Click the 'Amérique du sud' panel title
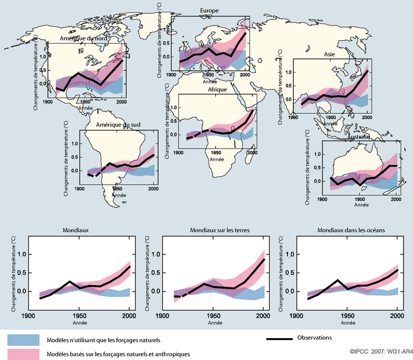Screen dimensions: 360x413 pos(110,126)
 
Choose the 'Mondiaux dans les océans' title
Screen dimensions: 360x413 pos(343,230)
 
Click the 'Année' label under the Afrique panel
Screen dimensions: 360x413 pos(217,160)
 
